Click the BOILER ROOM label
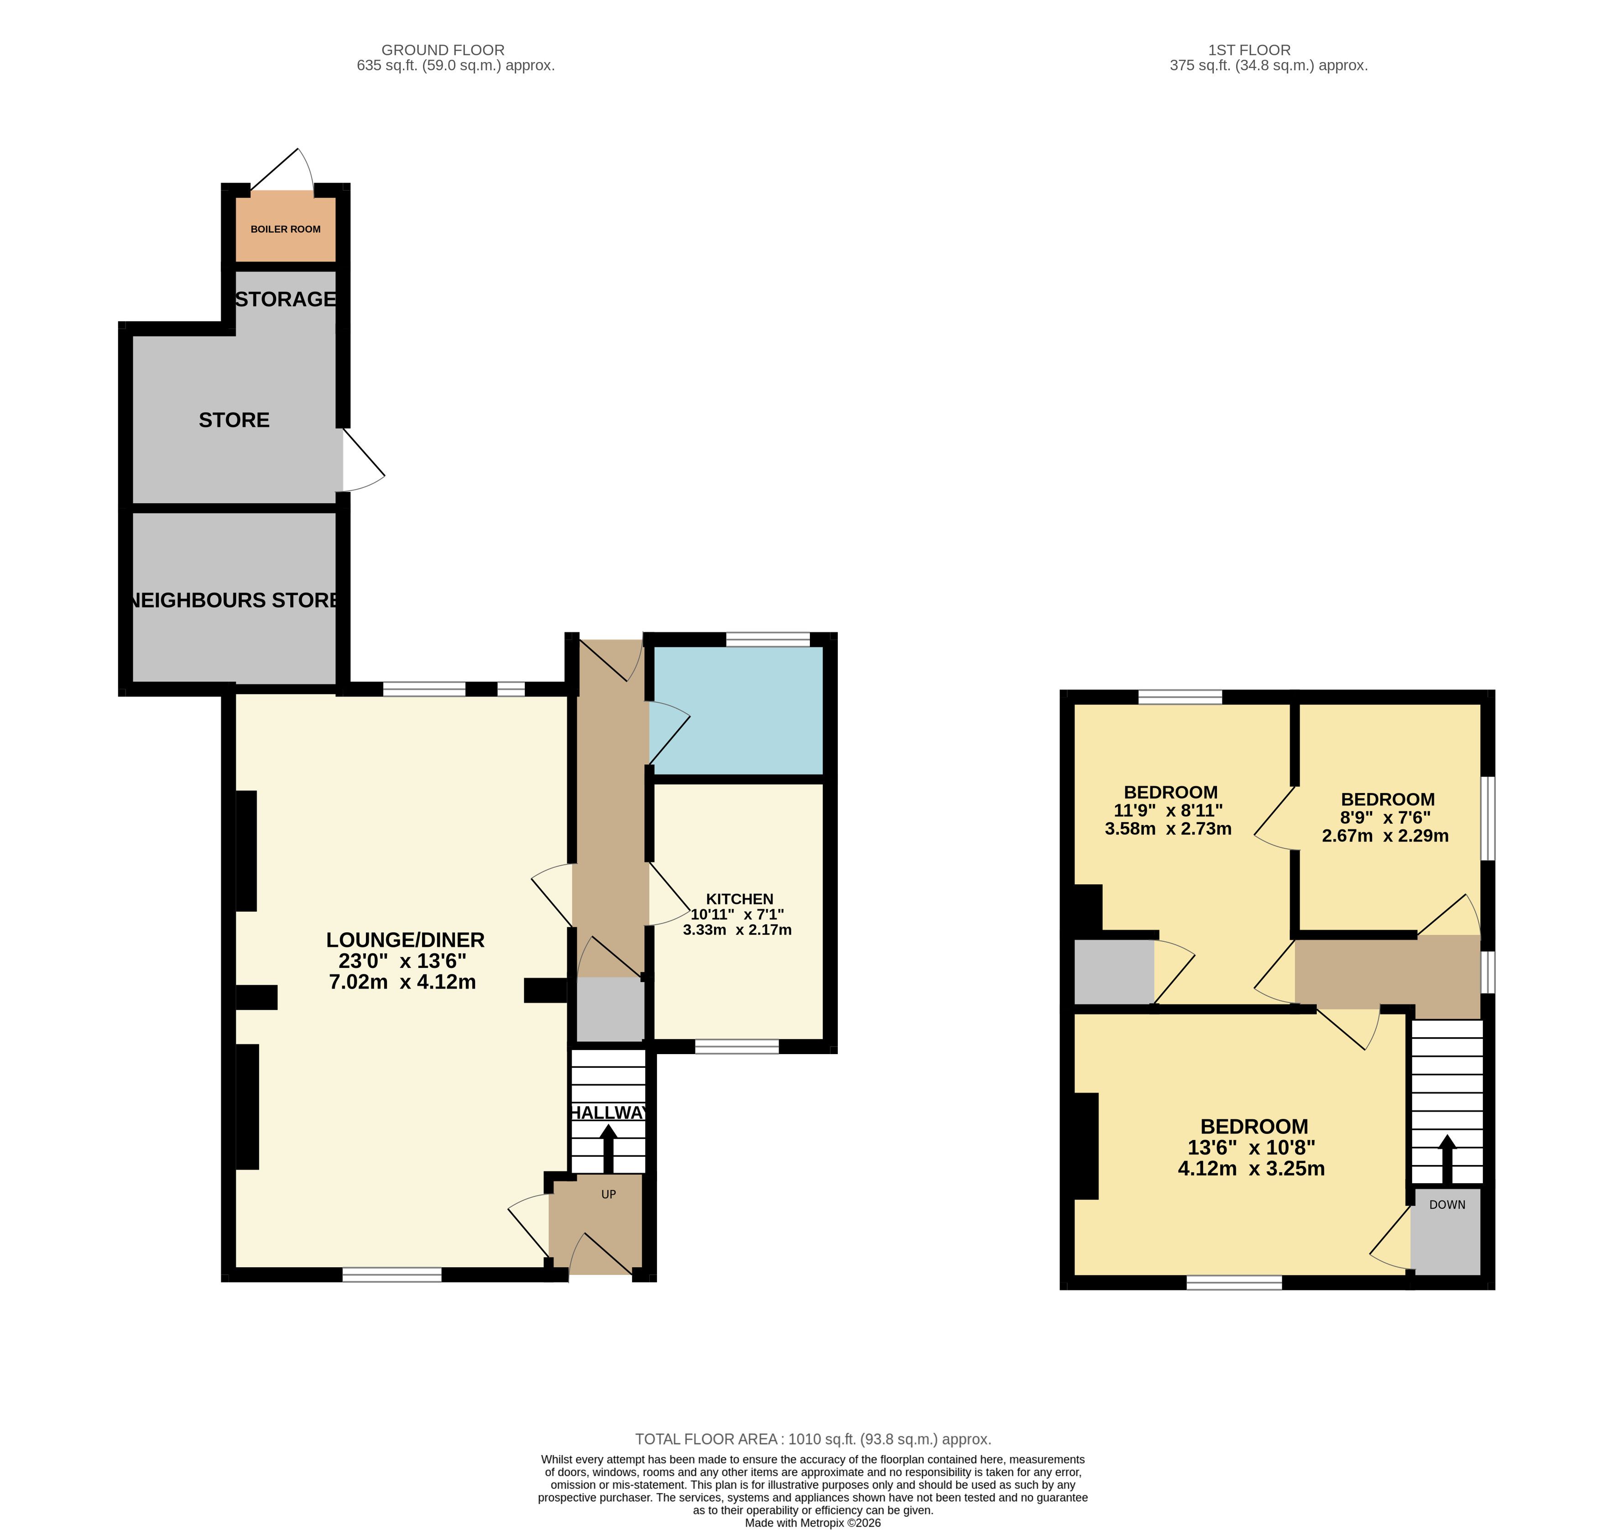286,229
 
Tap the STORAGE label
286,299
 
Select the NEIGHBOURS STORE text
234,600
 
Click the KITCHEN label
740,899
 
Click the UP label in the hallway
608,1194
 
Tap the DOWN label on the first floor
1447,1205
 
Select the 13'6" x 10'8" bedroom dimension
1252,1148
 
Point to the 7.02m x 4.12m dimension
403,982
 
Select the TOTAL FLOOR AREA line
813,1440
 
